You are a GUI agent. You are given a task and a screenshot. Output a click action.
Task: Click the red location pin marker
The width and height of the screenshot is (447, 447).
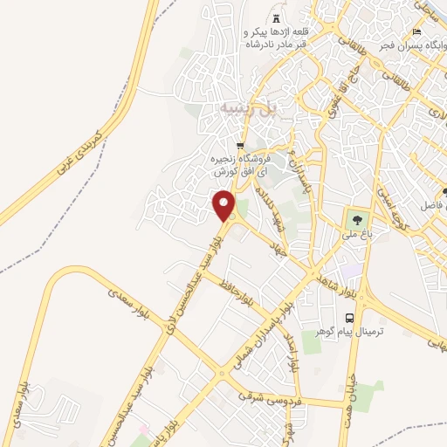224,204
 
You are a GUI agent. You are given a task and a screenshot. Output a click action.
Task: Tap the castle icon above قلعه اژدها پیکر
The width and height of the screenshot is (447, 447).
277,19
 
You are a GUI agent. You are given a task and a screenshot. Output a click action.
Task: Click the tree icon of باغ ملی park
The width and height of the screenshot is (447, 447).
355,217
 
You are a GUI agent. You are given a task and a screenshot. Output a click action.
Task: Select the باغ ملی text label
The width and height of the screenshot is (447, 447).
356,234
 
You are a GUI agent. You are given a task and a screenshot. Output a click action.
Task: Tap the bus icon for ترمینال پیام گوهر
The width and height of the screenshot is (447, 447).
350,318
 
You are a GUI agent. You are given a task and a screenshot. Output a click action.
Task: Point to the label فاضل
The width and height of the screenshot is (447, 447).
428,201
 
